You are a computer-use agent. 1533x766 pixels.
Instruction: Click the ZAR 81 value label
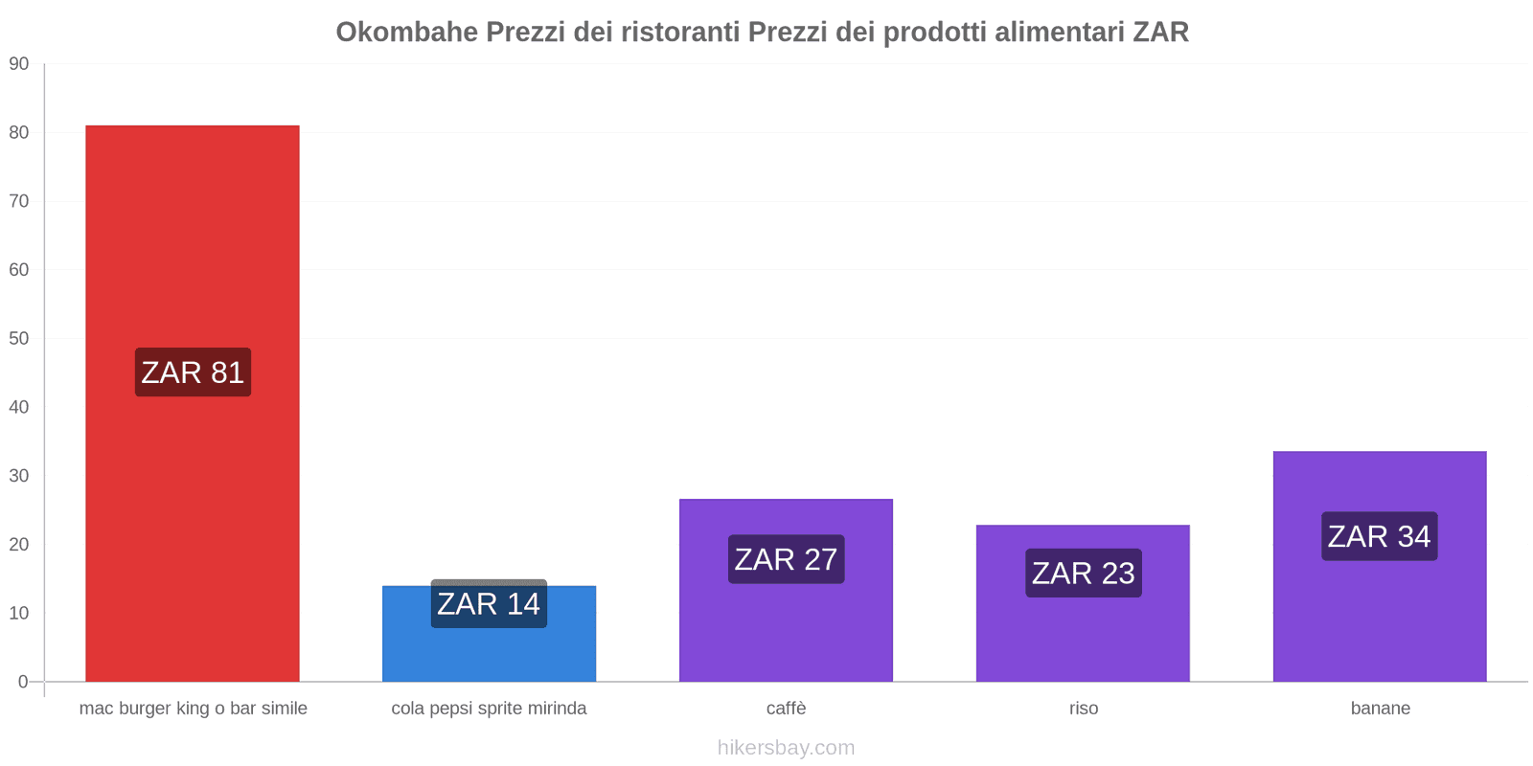[x=193, y=372]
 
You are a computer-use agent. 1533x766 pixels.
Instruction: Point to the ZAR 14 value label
[x=489, y=603]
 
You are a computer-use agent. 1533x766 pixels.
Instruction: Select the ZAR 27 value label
[x=786, y=559]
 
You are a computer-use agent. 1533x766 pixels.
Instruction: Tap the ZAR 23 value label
[x=1083, y=573]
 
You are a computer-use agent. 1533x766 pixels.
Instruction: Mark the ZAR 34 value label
[x=1379, y=536]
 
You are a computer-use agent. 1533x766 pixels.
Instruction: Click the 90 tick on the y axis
[x=19, y=64]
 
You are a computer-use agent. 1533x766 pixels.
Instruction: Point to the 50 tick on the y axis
[x=19, y=338]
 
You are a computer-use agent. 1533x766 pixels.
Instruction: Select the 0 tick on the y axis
[x=23, y=682]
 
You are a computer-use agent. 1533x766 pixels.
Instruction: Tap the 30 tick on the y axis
[x=19, y=476]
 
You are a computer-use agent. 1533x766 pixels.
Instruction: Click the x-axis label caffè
[x=786, y=709]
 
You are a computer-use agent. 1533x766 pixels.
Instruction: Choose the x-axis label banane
[x=1380, y=709]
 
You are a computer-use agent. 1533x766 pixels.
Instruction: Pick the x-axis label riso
[x=1083, y=709]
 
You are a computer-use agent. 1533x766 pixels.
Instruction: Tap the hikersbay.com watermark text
[x=786, y=748]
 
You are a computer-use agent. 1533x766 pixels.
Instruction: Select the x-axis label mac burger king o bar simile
[x=193, y=709]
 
